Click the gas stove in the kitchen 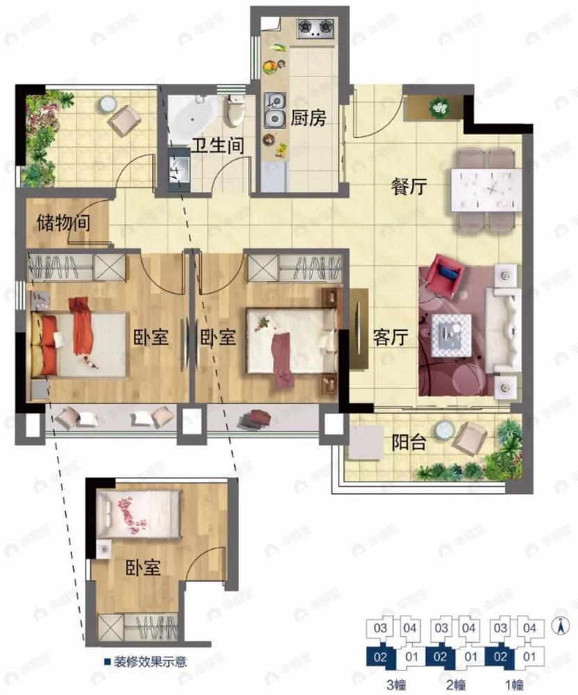click(315, 28)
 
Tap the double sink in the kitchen click(274, 110)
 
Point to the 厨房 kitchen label click(308, 118)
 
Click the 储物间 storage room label click(63, 222)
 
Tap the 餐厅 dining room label click(408, 186)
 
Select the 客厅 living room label click(390, 337)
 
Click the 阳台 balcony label click(408, 442)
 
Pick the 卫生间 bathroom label click(217, 145)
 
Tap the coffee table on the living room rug click(451, 335)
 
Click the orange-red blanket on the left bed click(81, 326)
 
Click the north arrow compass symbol click(560, 625)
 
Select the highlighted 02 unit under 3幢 click(380, 657)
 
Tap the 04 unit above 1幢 click(529, 628)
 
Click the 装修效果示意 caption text click(149, 662)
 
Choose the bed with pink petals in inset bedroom click(139, 514)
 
